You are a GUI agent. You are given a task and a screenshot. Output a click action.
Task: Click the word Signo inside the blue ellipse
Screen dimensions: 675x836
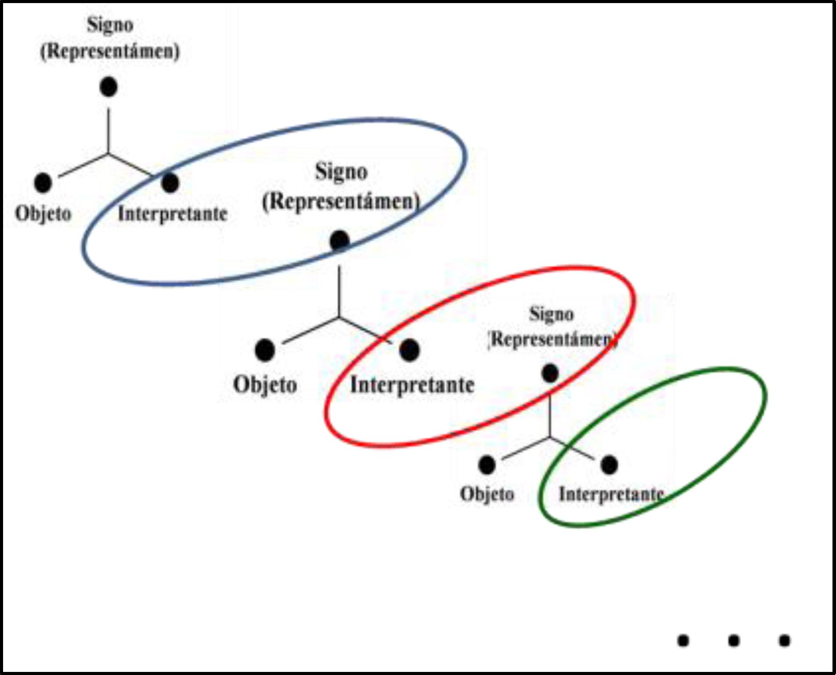pos(341,171)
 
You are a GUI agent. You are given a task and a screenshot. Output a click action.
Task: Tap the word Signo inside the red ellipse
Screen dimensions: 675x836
pos(551,314)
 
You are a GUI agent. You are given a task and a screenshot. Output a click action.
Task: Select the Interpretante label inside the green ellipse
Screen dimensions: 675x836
pos(611,494)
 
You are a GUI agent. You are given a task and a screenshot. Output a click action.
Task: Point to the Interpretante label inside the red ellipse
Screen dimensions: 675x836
pos(412,385)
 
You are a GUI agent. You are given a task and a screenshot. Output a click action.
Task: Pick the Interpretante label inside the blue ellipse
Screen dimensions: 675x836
pos(172,214)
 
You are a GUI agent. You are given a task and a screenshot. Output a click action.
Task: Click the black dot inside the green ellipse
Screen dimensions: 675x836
pos(609,465)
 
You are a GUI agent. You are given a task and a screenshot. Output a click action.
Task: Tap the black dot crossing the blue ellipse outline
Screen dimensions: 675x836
pos(340,241)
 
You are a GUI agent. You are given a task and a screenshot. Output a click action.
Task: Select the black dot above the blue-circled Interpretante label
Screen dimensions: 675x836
pos(170,182)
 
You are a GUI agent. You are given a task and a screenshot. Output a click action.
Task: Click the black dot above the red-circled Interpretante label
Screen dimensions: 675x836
pos(409,350)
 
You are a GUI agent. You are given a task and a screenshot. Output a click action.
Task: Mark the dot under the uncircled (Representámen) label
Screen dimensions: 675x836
pos(109,87)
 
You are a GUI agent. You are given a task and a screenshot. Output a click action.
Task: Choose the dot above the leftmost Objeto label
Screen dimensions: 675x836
pos(43,182)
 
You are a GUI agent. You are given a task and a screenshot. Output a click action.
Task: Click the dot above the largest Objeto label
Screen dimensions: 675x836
pos(265,350)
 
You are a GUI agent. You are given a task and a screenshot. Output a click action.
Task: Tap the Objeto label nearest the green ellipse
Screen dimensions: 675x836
pos(487,494)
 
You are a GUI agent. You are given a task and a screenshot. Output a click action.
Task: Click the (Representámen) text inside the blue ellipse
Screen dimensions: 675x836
pos(341,201)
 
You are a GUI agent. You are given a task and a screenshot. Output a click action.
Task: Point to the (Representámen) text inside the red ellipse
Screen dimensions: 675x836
pos(552,339)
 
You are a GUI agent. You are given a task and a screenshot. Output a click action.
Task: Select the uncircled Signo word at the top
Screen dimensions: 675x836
pos(110,25)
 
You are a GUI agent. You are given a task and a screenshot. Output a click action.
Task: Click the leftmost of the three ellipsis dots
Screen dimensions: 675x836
pos(683,641)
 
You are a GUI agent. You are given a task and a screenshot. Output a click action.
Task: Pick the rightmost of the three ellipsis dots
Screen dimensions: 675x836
pos(785,641)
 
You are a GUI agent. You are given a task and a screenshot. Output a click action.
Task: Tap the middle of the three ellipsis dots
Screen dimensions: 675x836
pos(734,641)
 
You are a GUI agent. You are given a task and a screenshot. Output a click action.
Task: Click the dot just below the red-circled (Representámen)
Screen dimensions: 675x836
pos(550,373)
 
